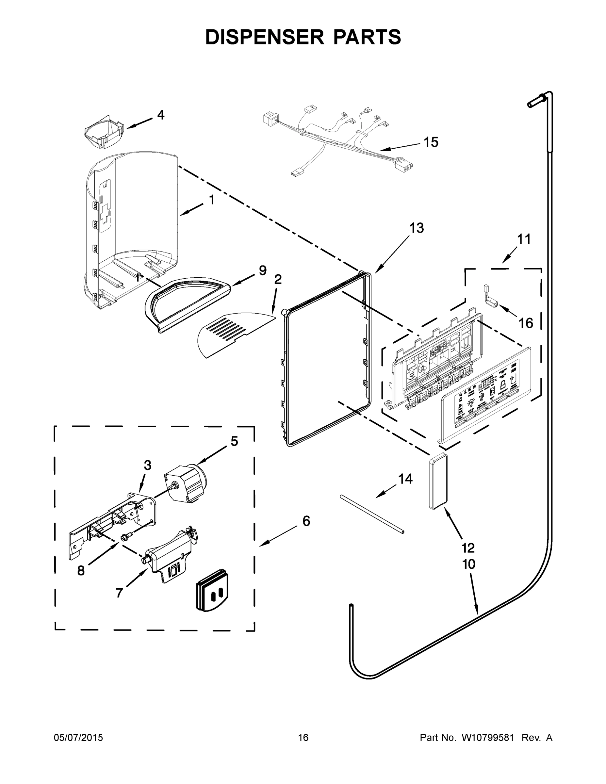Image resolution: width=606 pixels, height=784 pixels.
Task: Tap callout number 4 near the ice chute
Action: (160, 115)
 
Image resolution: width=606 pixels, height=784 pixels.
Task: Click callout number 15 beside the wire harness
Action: (431, 142)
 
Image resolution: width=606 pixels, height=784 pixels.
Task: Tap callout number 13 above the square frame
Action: (417, 228)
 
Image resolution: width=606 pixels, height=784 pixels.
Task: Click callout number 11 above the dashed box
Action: (523, 239)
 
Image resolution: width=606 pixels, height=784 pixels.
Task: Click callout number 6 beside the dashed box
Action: (306, 520)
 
